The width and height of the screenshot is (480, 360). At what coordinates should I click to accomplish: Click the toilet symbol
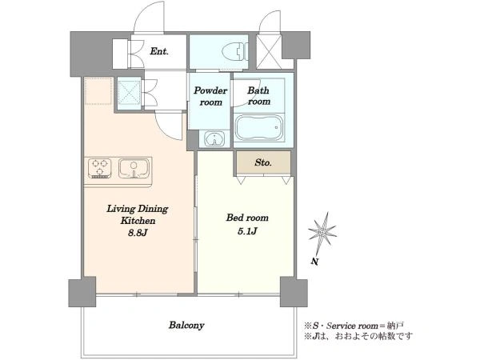pyautogui.click(x=234, y=50)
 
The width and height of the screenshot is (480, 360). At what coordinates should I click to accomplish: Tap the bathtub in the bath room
pyautogui.click(x=259, y=127)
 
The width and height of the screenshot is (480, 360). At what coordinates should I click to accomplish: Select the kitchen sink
pyautogui.click(x=134, y=168)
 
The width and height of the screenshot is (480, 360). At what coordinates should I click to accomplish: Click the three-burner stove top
pyautogui.click(x=99, y=168)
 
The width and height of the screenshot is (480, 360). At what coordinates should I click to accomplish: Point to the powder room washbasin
pyautogui.click(x=214, y=138)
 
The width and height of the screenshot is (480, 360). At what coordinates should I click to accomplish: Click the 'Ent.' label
pyautogui.click(x=159, y=51)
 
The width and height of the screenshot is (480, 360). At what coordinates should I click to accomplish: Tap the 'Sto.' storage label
pyautogui.click(x=263, y=162)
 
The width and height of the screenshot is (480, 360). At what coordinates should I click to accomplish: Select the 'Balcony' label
pyautogui.click(x=186, y=325)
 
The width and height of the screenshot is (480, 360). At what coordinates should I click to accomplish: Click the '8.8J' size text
pyautogui.click(x=138, y=233)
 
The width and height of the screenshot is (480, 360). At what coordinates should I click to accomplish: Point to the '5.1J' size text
pyautogui.click(x=247, y=231)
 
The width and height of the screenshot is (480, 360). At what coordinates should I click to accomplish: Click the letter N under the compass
pyautogui.click(x=314, y=262)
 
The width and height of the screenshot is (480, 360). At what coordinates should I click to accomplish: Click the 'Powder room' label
pyautogui.click(x=210, y=96)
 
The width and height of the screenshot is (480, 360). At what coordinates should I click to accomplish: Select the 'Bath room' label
pyautogui.click(x=258, y=96)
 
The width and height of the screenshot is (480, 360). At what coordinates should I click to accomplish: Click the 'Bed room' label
pyautogui.click(x=247, y=218)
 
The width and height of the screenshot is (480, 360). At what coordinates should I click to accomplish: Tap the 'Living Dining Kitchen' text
pyautogui.click(x=138, y=214)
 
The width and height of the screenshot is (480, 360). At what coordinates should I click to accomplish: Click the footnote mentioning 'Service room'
pyautogui.click(x=354, y=326)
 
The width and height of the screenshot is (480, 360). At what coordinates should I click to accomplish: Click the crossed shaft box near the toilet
pyautogui.click(x=269, y=51)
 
